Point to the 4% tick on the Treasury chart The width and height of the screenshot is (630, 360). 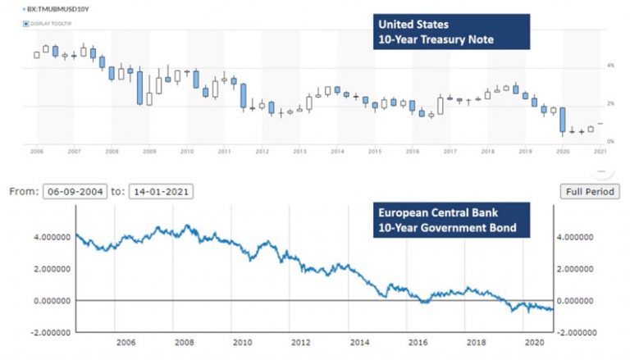click(609, 65)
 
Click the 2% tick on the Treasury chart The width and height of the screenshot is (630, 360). click(609, 103)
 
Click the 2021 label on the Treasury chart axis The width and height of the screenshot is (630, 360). click(600, 152)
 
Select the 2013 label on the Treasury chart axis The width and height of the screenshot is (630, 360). click(299, 152)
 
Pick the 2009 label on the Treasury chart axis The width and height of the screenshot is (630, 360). click(149, 152)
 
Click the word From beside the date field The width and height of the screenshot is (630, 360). click(23, 191)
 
